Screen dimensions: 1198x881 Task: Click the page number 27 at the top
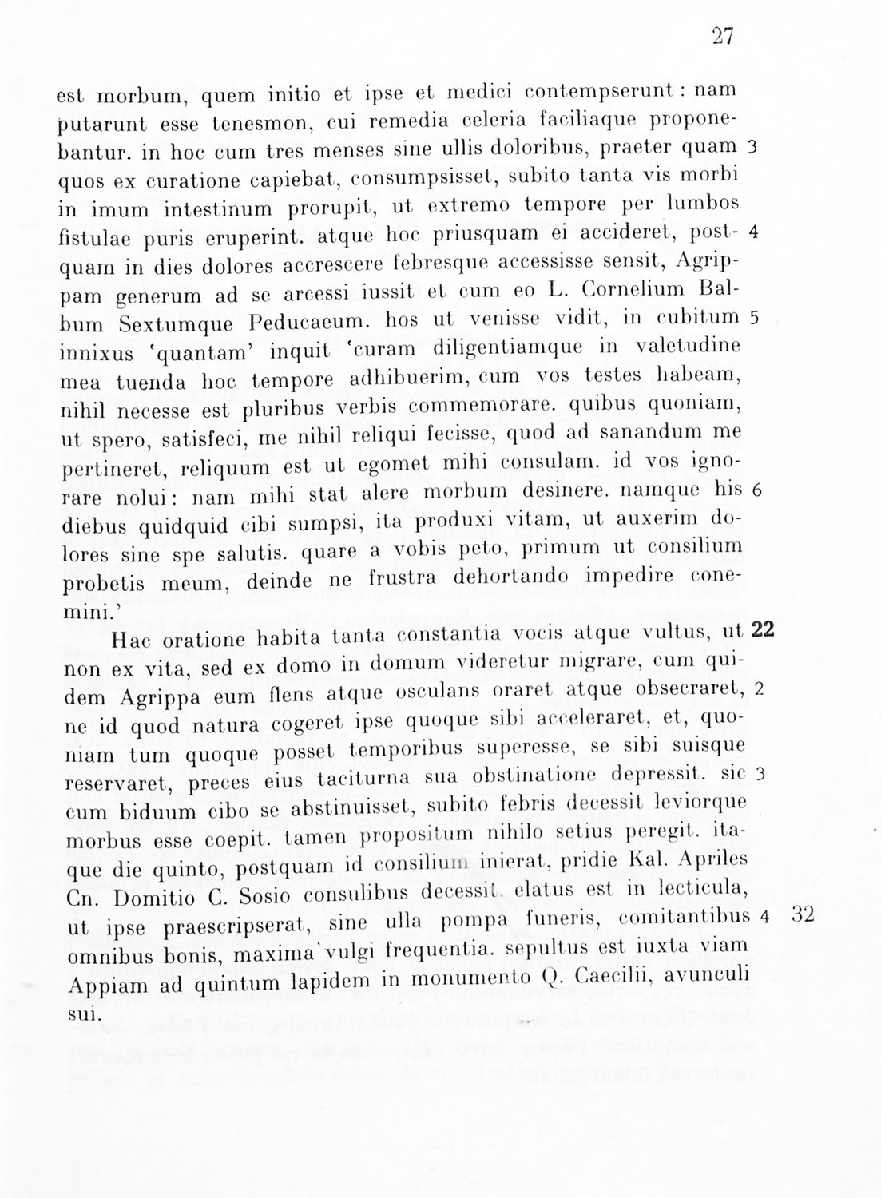tap(722, 38)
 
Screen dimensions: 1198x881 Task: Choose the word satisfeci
tap(180, 438)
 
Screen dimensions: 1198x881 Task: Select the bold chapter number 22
tap(764, 629)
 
